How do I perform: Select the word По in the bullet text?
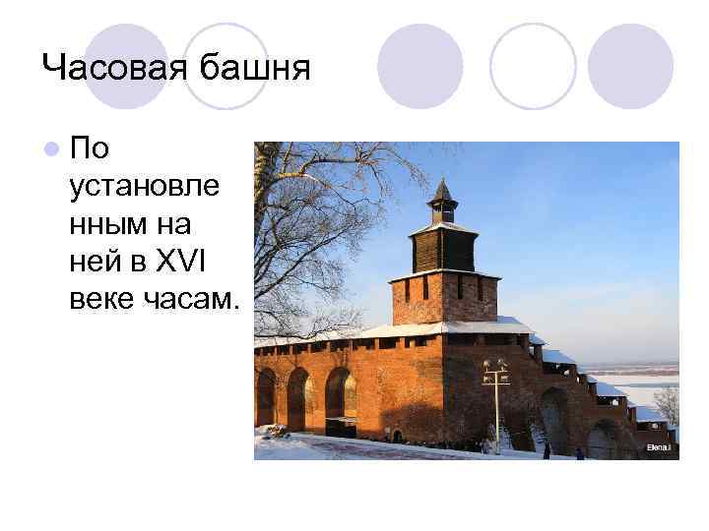[x=91, y=149]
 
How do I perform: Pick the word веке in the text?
[x=104, y=300]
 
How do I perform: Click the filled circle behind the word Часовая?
[x=125, y=66]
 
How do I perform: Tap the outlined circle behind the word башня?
[x=226, y=66]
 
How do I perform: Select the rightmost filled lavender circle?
[x=630, y=66]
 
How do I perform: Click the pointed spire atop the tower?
[x=443, y=191]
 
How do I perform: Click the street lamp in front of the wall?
[x=495, y=398]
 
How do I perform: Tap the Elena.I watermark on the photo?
[x=658, y=447]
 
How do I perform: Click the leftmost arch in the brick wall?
[x=266, y=397]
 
